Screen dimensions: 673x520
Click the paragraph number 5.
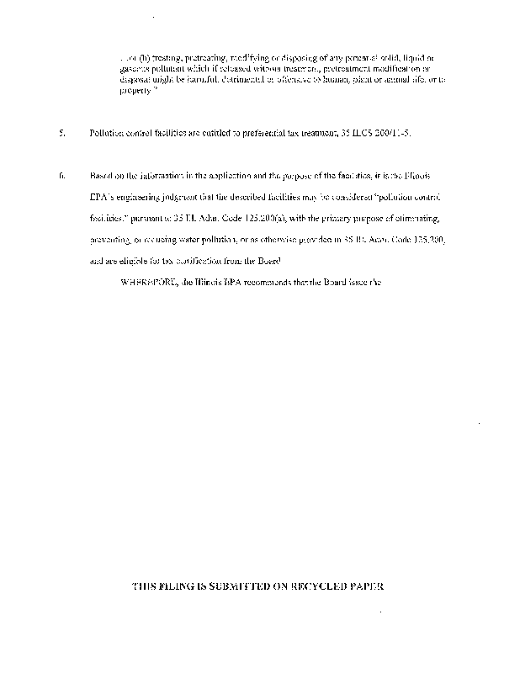coord(62,135)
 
